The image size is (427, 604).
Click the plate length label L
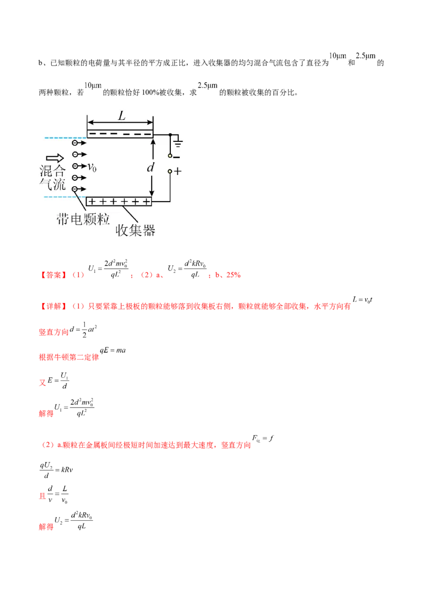click(x=122, y=115)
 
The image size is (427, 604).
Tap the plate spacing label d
click(x=151, y=168)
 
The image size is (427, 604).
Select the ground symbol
click(x=178, y=142)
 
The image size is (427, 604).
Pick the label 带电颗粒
click(x=83, y=219)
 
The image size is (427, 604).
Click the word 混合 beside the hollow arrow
click(x=52, y=171)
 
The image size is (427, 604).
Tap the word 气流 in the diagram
click(x=52, y=184)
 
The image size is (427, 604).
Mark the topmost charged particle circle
click(x=75, y=143)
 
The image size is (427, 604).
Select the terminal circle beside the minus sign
click(x=170, y=156)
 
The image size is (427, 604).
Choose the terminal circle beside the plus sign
click(x=170, y=172)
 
